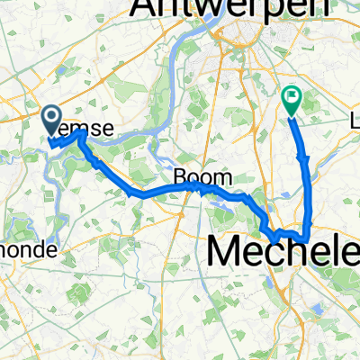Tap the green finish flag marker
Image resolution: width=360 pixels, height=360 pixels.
292,99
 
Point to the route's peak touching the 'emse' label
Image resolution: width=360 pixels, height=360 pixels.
80,134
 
